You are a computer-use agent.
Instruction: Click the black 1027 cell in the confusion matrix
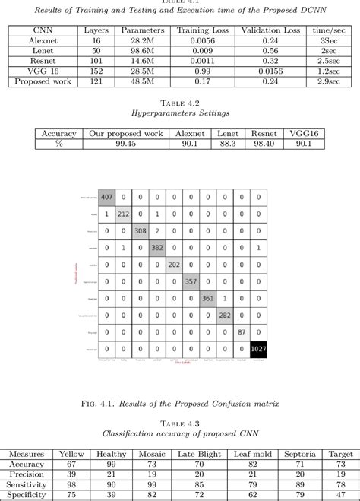tap(259, 349)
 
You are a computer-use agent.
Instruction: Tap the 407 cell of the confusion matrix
tap(107, 196)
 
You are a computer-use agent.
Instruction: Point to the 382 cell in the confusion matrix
tap(157, 247)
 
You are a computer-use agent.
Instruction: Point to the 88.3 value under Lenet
tap(227, 144)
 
